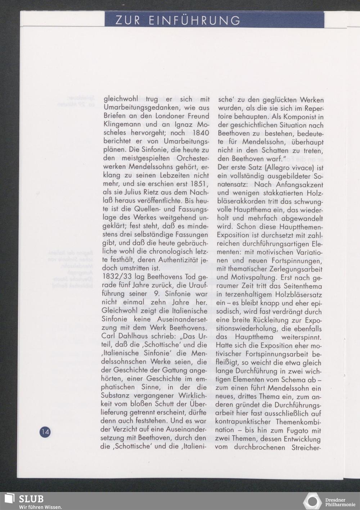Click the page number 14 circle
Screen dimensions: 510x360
(45, 432)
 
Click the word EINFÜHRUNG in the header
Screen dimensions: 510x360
(194, 21)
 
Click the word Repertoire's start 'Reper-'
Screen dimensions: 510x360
(312, 108)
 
